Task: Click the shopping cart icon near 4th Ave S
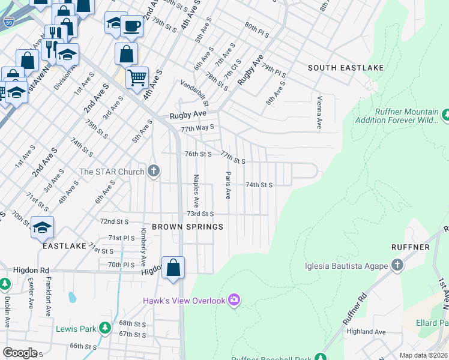coord(137,77)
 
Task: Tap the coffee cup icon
coord(131,26)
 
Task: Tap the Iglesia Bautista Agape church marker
coord(397,265)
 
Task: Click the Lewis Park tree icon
coord(105,328)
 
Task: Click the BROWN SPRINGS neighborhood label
coord(187,227)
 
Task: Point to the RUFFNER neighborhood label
coord(410,247)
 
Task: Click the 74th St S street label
coord(259,185)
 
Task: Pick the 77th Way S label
coord(198,128)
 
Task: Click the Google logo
coord(20,353)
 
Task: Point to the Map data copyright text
coord(423,355)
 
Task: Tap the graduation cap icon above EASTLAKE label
coord(42,227)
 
